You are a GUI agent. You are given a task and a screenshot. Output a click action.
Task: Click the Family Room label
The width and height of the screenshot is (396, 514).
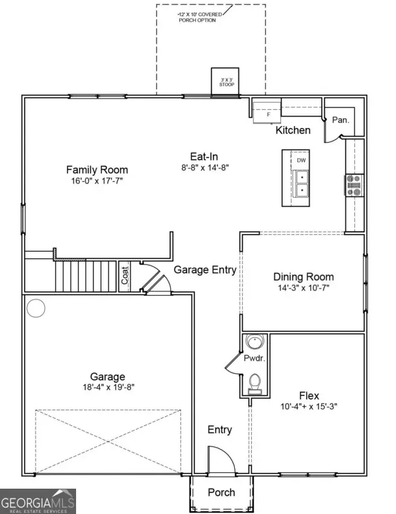coord(97,170)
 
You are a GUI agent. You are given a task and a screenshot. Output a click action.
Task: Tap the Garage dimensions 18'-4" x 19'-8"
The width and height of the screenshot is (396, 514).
coord(108,387)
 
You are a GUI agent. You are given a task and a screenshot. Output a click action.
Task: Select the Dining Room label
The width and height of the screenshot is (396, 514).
coord(303,277)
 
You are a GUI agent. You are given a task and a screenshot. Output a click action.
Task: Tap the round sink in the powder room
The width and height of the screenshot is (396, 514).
coord(255,344)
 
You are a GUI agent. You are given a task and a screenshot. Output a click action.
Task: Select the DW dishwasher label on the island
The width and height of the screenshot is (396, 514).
coord(301,160)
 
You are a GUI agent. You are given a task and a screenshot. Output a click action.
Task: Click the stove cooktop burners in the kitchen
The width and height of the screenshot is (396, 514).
coord(354,186)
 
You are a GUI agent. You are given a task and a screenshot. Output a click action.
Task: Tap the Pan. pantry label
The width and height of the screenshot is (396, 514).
coord(340,120)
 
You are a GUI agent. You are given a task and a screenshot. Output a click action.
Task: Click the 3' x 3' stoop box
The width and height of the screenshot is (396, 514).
coord(226,81)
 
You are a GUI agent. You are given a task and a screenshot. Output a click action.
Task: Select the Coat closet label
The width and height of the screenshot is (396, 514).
coord(125,275)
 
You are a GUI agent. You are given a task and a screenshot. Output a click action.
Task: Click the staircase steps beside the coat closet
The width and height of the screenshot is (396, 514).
coord(86,276)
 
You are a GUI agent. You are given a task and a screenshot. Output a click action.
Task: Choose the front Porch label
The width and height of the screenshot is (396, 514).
coord(221,492)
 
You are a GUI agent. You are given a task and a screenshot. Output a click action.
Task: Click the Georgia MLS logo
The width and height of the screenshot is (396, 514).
coord(37,501)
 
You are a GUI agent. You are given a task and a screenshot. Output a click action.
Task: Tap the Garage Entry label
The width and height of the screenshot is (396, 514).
coord(205,270)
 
